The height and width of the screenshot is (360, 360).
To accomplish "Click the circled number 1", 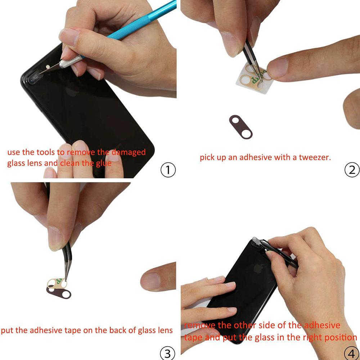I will pos(168,170).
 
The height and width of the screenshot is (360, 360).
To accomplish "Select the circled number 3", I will pos(168,353).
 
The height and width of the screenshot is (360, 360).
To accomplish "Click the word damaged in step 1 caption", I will pos(128,152).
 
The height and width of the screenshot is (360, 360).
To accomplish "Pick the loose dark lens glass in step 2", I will pos(242,126).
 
